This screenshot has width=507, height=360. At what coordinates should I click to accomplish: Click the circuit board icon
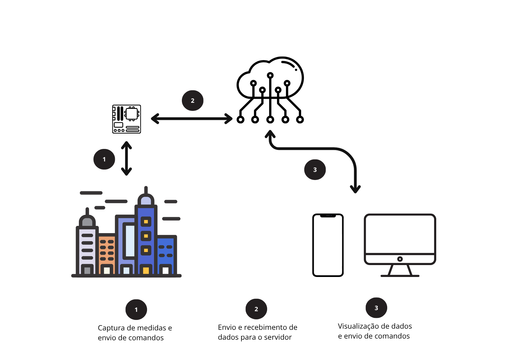pyautogui.click(x=126, y=119)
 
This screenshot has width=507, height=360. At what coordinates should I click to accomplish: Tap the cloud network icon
pyautogui.click(x=270, y=90)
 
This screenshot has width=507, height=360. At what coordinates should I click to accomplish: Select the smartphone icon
pyautogui.click(x=328, y=245)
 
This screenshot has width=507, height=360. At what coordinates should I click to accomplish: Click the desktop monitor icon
pyautogui.click(x=400, y=245)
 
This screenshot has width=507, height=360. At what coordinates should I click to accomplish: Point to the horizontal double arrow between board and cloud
pyautogui.click(x=192, y=119)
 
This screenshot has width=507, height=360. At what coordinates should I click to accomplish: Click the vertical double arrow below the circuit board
pyautogui.click(x=126, y=158)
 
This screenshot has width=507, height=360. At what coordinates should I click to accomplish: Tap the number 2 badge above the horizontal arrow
pyautogui.click(x=193, y=100)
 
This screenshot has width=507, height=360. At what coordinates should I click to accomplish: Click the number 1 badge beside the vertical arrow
pyautogui.click(x=104, y=159)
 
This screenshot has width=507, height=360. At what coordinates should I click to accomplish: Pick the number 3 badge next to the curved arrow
pyautogui.click(x=315, y=170)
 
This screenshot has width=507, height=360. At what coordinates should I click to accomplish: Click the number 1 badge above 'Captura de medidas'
pyautogui.click(x=136, y=309)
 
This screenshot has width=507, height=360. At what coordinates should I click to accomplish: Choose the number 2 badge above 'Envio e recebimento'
pyautogui.click(x=256, y=309)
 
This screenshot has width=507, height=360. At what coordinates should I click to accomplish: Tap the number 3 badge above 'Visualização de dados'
pyautogui.click(x=376, y=308)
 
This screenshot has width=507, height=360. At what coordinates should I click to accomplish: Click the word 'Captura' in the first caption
pyautogui.click(x=112, y=328)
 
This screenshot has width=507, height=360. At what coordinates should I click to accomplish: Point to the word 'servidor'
pyautogui.click(x=278, y=337)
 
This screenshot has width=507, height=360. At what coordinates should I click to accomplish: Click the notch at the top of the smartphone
pyautogui.click(x=328, y=216)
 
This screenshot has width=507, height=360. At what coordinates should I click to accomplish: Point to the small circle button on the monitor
pyautogui.click(x=400, y=259)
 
